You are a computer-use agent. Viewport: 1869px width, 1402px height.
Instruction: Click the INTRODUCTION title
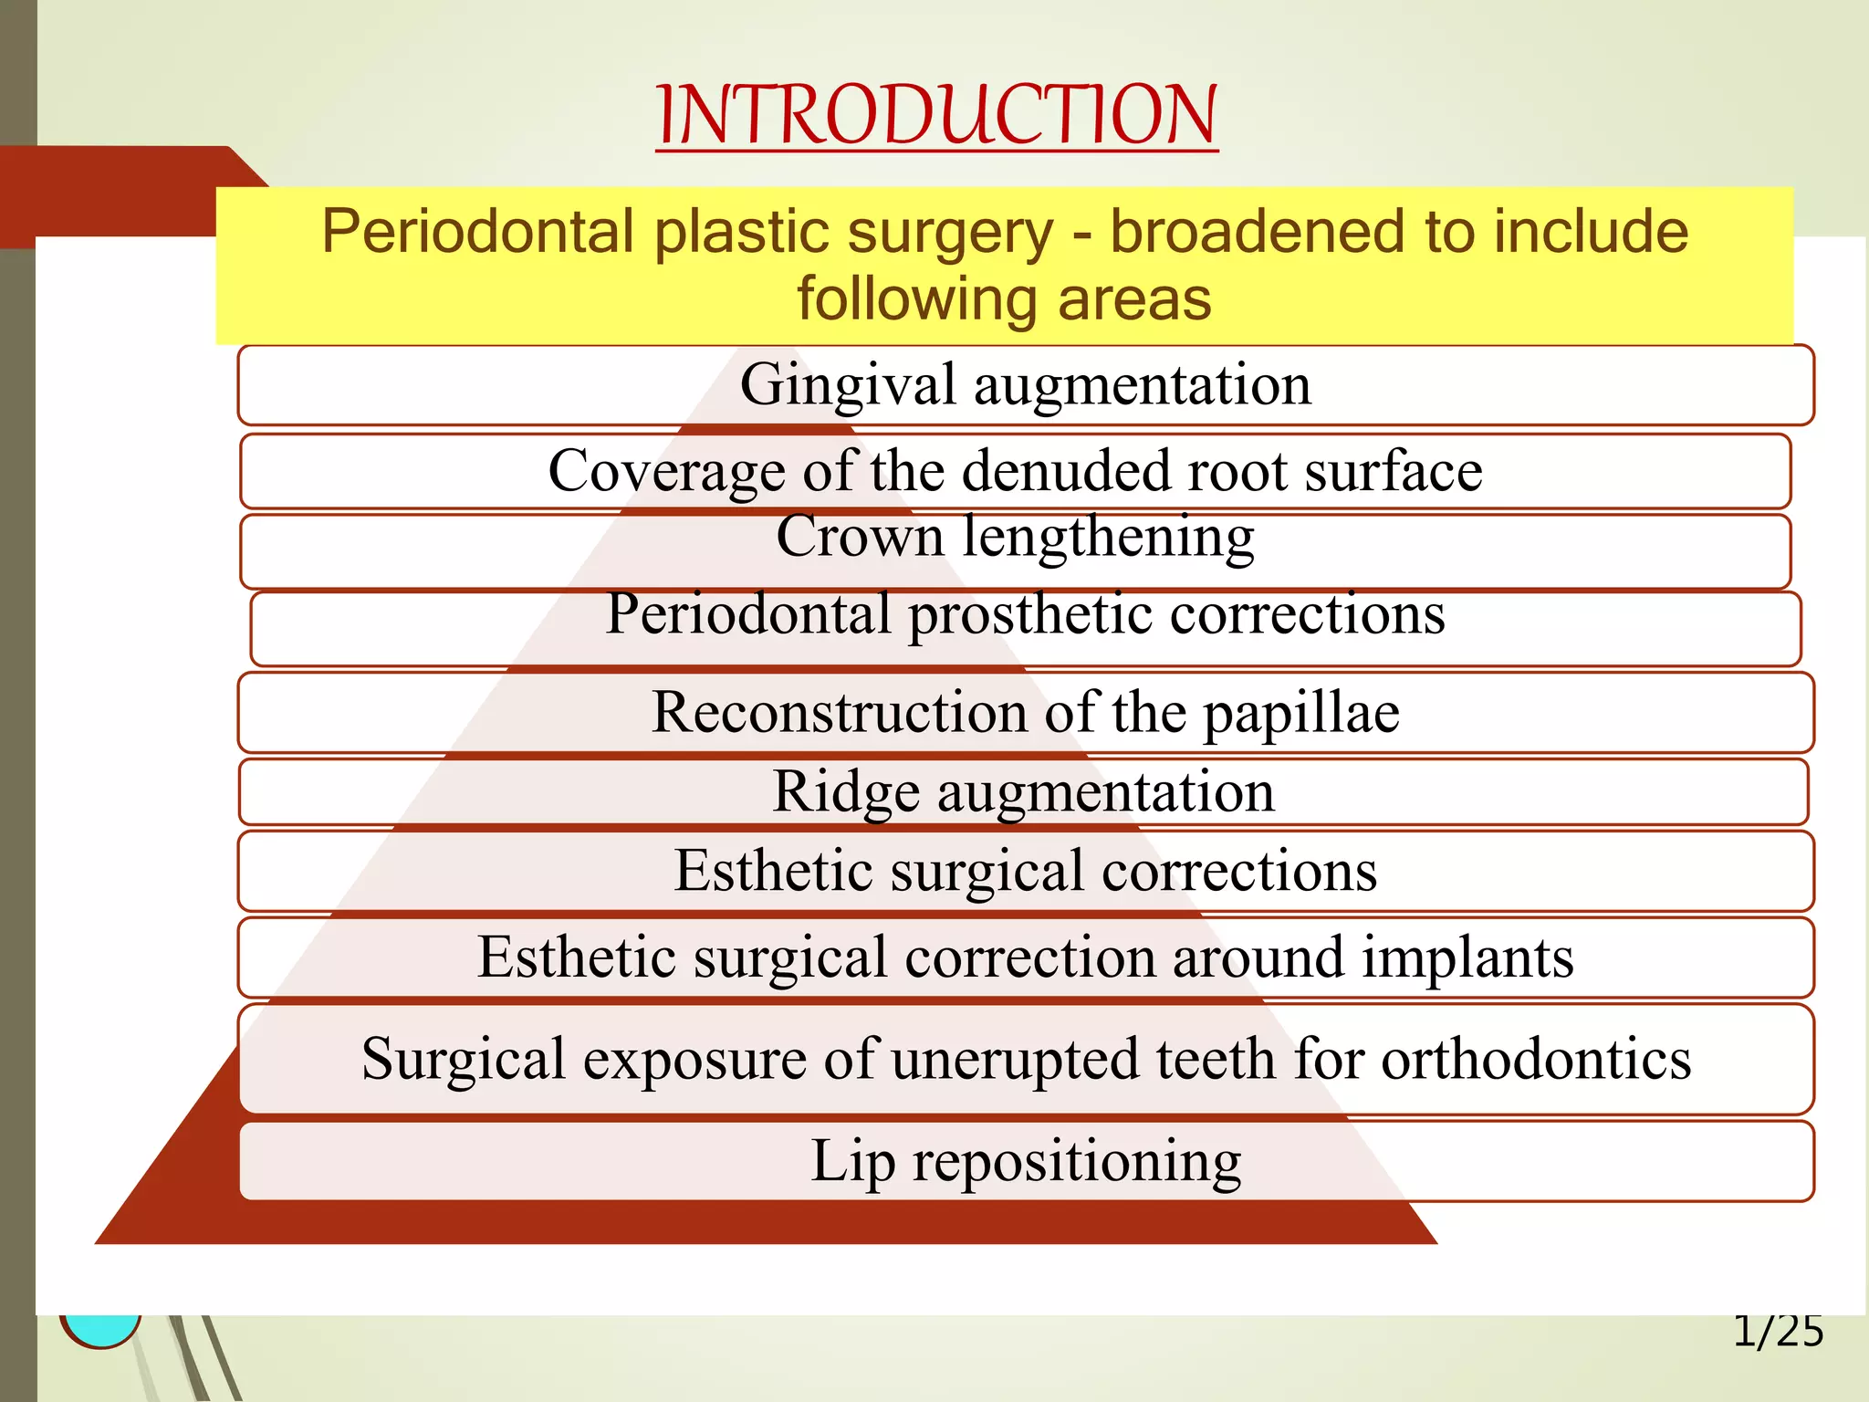click(x=936, y=115)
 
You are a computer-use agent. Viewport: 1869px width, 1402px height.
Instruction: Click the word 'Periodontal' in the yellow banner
click(x=477, y=232)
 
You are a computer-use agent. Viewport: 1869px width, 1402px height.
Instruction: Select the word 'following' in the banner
click(x=917, y=299)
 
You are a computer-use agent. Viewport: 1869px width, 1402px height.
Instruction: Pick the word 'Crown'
click(x=860, y=536)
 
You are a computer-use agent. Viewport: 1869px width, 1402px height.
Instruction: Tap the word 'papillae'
click(x=1300, y=713)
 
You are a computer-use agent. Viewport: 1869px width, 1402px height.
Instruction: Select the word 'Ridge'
click(x=846, y=791)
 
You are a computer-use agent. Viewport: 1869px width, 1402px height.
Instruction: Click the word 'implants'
click(x=1467, y=957)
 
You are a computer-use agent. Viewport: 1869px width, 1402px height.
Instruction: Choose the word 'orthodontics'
click(x=1535, y=1060)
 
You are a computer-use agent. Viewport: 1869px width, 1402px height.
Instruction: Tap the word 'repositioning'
click(x=1077, y=1162)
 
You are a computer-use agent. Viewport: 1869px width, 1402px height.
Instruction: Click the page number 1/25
click(x=1778, y=1332)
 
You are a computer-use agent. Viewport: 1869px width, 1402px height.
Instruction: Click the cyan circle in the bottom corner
click(x=100, y=1329)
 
